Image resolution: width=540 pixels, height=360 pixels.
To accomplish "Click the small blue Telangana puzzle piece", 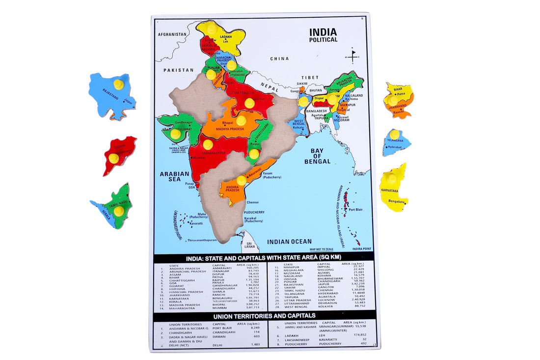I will tap(396, 142).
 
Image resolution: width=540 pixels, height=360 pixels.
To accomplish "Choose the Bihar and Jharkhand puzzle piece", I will tap(399, 101).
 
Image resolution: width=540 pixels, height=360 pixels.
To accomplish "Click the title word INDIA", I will tap(323, 32).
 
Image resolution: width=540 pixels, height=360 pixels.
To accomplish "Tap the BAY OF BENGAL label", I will tap(317, 156).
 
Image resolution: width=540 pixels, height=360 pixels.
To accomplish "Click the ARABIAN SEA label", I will tap(174, 176).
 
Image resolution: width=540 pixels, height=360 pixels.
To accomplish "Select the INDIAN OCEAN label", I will tap(289, 241).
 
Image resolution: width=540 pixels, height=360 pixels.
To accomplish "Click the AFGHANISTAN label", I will tap(172, 35).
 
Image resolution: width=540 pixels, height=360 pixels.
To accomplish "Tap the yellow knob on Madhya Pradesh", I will tap(241, 120).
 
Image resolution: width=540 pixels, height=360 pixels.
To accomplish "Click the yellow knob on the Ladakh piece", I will tap(212, 28).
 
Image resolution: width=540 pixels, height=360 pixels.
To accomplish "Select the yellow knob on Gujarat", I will tap(175, 134).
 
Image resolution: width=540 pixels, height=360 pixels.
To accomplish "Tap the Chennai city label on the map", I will tap(253, 202).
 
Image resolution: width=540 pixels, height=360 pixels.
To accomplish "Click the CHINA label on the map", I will tap(279, 58).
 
